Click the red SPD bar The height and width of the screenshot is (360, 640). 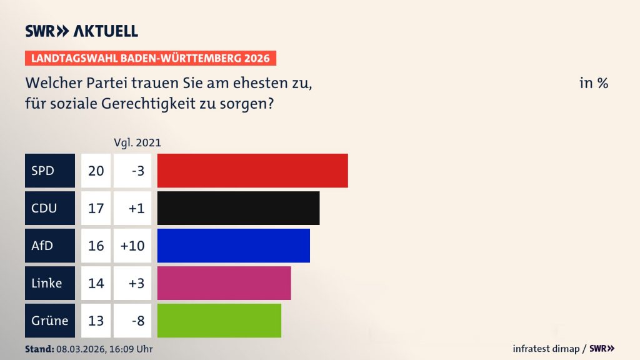pyautogui.click(x=252, y=170)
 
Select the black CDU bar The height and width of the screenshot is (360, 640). pyautogui.click(x=238, y=207)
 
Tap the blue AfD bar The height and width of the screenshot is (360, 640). pyautogui.click(x=233, y=245)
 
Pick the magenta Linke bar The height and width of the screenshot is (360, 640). pyautogui.click(x=224, y=282)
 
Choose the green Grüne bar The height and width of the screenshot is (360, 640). pyautogui.click(x=219, y=320)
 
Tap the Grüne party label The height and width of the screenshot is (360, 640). pyautogui.click(x=49, y=320)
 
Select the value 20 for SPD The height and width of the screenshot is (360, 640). pyautogui.click(x=96, y=170)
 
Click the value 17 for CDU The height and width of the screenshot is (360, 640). pyautogui.click(x=96, y=207)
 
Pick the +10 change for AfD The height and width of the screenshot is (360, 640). pyautogui.click(x=132, y=245)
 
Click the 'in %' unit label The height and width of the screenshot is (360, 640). pyautogui.click(x=593, y=83)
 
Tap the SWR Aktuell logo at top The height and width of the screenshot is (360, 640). pyautogui.click(x=81, y=31)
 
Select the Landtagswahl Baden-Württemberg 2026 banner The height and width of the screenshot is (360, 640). pyautogui.click(x=151, y=58)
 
